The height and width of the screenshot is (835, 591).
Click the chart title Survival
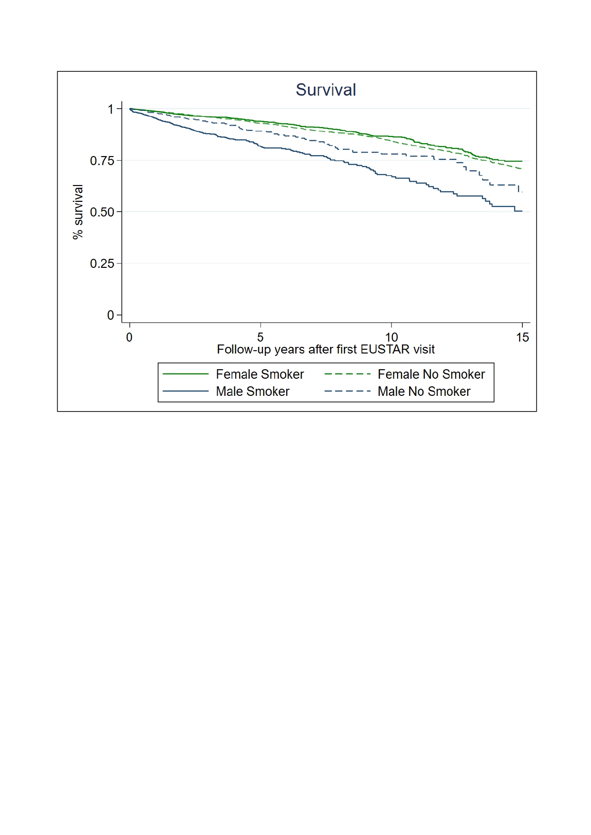tap(326, 90)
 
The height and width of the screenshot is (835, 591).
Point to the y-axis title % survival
tap(78, 212)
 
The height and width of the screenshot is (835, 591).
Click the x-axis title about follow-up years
tap(326, 350)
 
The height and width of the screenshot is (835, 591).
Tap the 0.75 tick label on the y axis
tap(102, 161)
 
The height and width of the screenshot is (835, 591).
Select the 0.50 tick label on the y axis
tap(102, 212)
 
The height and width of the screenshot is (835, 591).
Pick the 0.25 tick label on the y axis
tap(102, 264)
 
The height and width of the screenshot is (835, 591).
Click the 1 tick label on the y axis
tap(110, 109)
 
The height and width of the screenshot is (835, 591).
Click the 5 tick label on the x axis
tap(260, 337)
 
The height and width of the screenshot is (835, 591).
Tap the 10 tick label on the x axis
tap(391, 337)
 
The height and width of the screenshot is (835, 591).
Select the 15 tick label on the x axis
tap(522, 337)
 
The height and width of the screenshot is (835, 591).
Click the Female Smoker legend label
tap(260, 374)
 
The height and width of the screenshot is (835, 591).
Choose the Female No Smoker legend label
tap(431, 374)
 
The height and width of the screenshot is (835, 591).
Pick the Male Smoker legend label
tap(252, 392)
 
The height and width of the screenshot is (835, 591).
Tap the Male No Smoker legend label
tap(424, 392)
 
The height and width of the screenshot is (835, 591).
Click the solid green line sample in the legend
tap(186, 374)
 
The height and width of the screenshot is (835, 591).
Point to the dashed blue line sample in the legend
tap(348, 392)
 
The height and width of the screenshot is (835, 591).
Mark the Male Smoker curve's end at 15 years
tap(522, 211)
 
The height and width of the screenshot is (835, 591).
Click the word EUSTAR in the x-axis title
tap(385, 350)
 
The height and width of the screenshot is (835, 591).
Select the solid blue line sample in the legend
tap(186, 392)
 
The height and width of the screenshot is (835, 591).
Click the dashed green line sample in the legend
tap(348, 374)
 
